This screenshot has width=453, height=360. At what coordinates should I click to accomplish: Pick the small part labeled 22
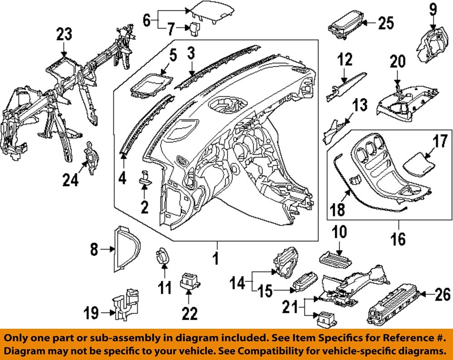190,281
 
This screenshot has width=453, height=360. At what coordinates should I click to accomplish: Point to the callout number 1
216,259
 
